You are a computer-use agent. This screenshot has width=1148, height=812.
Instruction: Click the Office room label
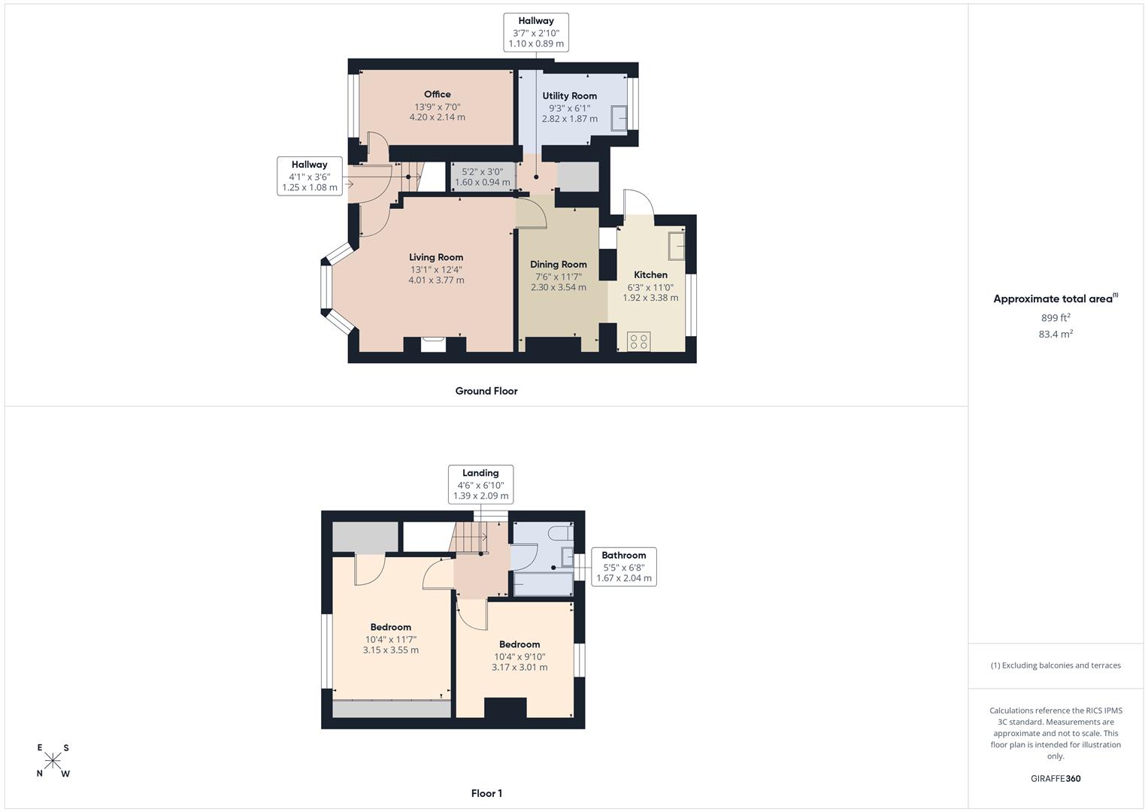(x=437, y=94)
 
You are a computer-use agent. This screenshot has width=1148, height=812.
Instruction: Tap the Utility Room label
(x=569, y=96)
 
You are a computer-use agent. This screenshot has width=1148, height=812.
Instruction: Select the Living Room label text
(x=435, y=257)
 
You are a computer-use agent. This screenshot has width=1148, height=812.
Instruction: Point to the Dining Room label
(x=558, y=265)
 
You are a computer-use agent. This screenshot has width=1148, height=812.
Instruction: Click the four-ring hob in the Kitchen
(x=638, y=341)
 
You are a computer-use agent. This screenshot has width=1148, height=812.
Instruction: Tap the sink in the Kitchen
(x=677, y=246)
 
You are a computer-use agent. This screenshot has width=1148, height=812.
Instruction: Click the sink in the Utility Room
(x=619, y=119)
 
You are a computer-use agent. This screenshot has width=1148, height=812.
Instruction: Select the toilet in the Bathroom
(x=560, y=534)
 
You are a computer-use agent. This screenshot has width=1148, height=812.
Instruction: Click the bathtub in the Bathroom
(x=544, y=584)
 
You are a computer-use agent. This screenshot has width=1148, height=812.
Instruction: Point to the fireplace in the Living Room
(x=433, y=344)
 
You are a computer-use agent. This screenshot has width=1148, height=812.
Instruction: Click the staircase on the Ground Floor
(x=410, y=177)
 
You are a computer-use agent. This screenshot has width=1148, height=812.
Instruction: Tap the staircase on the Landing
(x=468, y=538)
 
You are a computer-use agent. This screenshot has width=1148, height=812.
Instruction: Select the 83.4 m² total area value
(x=1056, y=334)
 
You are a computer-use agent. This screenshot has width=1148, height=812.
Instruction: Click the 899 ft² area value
(x=1056, y=317)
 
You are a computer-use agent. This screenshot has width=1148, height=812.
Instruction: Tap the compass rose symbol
(x=53, y=761)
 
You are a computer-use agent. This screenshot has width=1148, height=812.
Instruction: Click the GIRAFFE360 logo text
(x=1056, y=778)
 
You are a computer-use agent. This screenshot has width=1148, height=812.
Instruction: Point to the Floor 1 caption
(x=486, y=793)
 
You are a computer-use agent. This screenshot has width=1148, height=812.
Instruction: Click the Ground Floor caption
(x=486, y=391)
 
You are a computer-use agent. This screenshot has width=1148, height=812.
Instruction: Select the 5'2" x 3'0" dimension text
(x=482, y=171)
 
